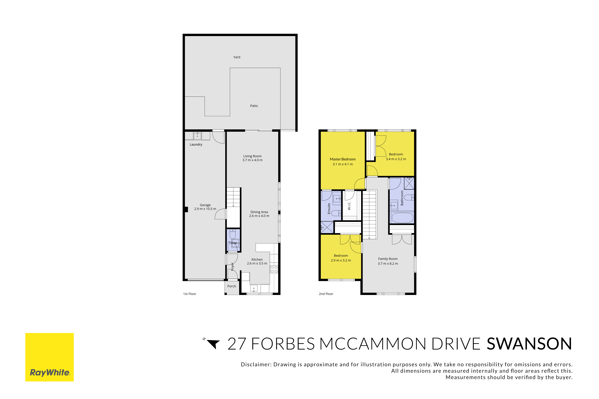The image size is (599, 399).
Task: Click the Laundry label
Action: (196, 145)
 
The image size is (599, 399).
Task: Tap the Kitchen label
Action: (257, 260)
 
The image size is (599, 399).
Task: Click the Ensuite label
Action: (329, 208)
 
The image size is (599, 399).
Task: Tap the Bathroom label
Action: (402, 198)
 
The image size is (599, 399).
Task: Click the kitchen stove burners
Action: (274, 269)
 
